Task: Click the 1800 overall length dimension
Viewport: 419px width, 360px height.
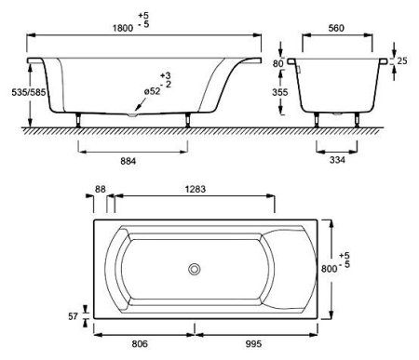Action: (x=123, y=28)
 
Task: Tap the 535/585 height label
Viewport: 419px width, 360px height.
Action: (x=29, y=92)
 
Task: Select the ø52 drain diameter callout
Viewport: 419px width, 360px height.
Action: (x=152, y=91)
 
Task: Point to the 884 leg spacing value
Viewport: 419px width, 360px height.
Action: (x=128, y=161)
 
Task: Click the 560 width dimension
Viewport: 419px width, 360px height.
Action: (x=336, y=28)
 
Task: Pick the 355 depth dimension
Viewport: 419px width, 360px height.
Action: (x=280, y=92)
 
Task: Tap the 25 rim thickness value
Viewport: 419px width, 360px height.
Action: (x=402, y=60)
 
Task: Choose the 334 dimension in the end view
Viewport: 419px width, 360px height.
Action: (x=337, y=160)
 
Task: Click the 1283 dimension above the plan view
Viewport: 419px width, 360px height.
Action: (x=196, y=189)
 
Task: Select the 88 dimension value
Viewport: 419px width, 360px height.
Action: (x=101, y=189)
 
